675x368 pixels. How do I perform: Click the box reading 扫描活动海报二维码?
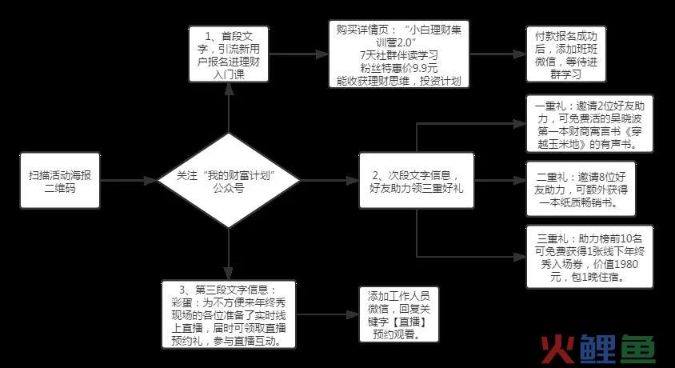pos(60,181)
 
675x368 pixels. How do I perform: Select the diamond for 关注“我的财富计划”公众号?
pos(229,180)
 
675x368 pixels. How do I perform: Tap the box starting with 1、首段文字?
pos(229,54)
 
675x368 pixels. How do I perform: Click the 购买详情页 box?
pos(399,54)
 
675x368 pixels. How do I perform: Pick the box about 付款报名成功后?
pos(566,54)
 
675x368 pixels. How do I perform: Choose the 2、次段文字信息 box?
pos(417,181)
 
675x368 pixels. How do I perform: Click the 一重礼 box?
pos(589,124)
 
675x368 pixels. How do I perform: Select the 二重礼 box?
pos(581,189)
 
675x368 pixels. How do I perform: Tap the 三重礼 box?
pos(589,257)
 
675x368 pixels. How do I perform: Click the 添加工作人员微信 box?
pos(399,314)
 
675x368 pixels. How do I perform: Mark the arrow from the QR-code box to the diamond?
pos(129,181)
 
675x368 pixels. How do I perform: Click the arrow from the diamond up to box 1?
pos(229,108)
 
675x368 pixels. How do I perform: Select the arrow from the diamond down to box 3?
pos(229,254)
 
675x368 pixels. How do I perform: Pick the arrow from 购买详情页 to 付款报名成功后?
pos(497,54)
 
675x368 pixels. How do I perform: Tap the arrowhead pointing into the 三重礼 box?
pos(520,257)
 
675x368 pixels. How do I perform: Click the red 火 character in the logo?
pos(558,349)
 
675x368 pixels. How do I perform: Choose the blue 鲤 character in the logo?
pos(599,349)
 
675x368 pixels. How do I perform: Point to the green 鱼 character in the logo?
pos(637,349)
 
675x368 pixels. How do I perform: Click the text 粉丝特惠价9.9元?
pos(399,67)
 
